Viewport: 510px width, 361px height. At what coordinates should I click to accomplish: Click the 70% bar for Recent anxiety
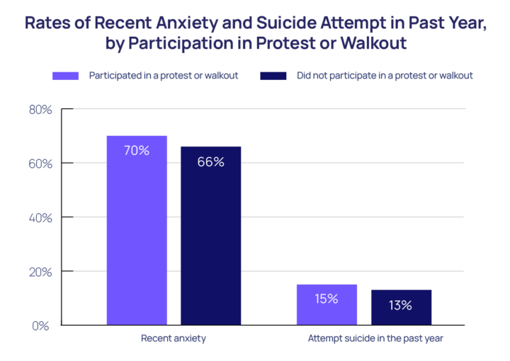137,230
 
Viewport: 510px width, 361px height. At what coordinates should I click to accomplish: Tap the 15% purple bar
327,305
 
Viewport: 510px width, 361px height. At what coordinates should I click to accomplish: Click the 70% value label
137,150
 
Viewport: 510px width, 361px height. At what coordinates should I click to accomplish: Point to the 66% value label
210,162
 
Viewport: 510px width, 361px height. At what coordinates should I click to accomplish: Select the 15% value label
327,298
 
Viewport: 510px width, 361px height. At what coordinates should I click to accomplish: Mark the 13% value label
400,306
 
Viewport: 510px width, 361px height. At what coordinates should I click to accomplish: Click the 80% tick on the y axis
40,110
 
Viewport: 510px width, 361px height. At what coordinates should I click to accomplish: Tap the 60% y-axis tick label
40,164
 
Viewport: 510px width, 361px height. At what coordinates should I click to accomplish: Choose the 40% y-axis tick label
40,217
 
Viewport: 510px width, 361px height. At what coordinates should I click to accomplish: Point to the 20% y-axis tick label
40,272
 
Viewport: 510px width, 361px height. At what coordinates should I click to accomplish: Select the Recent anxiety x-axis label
174,338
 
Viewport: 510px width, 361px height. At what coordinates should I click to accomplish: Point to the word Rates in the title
48,21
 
